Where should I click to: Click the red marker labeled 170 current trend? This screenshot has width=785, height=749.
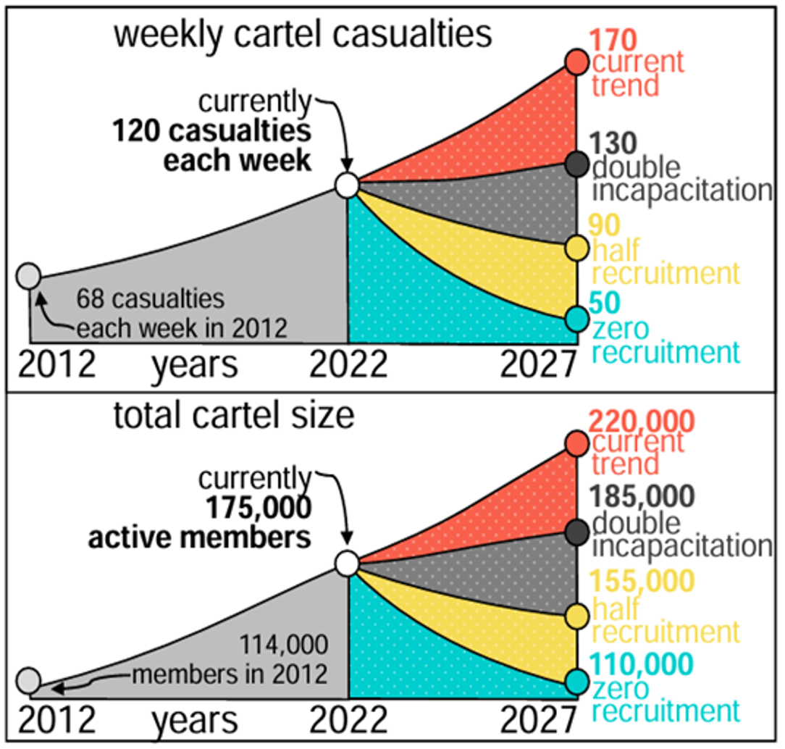[x=577, y=62]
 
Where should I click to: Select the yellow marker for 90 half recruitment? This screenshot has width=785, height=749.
[x=577, y=248]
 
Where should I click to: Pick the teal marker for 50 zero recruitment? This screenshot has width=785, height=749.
[x=577, y=317]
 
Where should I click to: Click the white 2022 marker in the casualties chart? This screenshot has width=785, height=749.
[x=347, y=185]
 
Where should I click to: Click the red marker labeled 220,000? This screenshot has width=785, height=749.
[x=577, y=443]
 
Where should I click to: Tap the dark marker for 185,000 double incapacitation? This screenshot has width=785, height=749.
[x=577, y=532]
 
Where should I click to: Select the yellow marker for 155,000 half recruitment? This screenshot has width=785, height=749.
[x=577, y=616]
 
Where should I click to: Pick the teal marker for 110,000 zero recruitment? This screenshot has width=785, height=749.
[x=577, y=681]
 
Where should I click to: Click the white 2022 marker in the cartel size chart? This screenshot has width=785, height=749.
[x=347, y=562]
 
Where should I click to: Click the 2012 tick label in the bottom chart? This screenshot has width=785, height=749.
[x=56, y=721]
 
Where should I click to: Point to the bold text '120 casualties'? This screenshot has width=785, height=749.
[x=211, y=132]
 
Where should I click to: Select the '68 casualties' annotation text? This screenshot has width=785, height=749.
[x=151, y=298]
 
